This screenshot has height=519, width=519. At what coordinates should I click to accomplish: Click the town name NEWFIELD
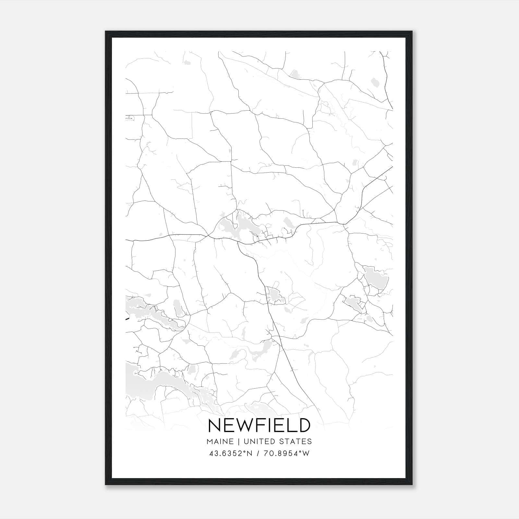(259, 425)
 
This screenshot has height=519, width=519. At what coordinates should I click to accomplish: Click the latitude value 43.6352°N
(231, 453)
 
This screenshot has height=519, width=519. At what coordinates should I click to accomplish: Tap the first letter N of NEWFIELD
(214, 425)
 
